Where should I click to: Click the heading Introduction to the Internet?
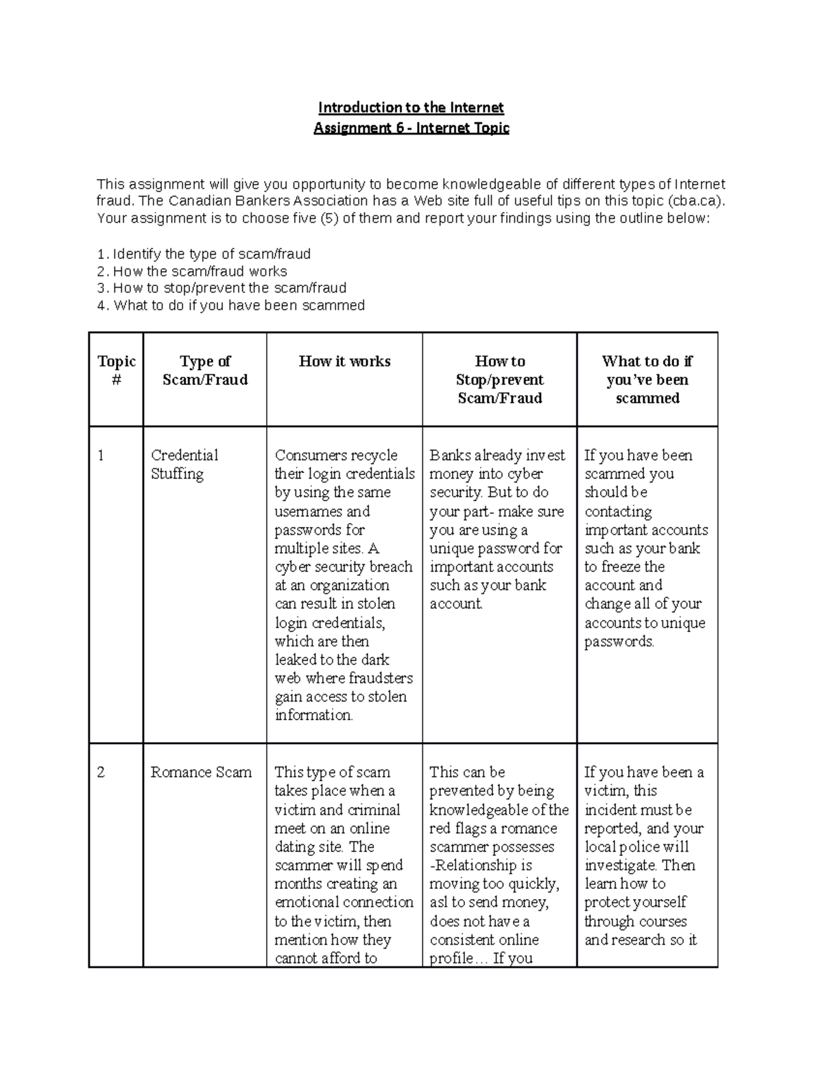tap(411, 107)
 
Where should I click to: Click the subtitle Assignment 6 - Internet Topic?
tap(411, 128)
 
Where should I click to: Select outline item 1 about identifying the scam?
tap(204, 254)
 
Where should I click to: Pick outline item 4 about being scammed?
tap(231, 305)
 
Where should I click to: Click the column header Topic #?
tap(116, 370)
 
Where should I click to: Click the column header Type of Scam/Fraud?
tap(204, 370)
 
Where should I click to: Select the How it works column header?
tap(344, 361)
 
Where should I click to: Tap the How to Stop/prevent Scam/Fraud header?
tap(499, 380)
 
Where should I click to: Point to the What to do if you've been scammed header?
tap(647, 380)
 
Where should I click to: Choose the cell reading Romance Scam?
tap(201, 772)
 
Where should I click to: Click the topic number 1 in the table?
tap(101, 455)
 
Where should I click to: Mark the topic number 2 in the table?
tap(101, 772)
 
